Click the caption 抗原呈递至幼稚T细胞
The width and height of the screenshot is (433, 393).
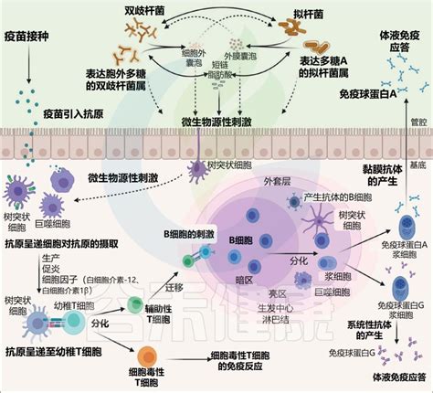click(53, 351)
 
